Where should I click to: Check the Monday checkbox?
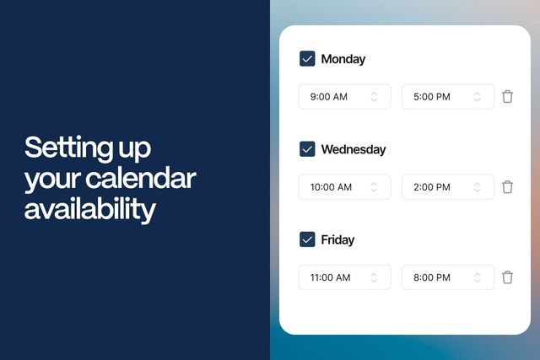[307, 59]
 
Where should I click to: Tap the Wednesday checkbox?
[307, 149]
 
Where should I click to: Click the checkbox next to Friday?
[307, 239]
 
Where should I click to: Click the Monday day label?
[343, 59]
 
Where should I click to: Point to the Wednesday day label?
[354, 149]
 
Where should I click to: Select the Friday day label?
[337, 239]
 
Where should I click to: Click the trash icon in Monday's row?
[507, 96]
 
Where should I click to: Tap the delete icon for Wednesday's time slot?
[507, 186]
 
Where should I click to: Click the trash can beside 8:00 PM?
[507, 277]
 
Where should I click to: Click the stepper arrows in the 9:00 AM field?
[374, 96]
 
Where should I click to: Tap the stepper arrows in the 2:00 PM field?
[477, 186]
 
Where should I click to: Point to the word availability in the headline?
[90, 208]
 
